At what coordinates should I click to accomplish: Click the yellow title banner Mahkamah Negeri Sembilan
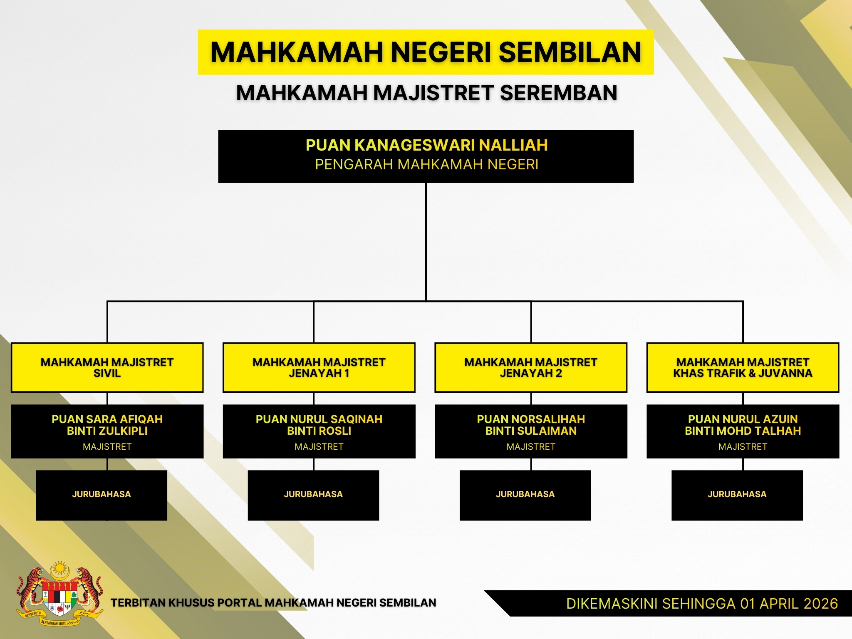point(426,52)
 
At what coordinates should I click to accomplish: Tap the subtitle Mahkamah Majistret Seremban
point(426,93)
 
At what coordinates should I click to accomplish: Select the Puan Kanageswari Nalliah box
point(426,156)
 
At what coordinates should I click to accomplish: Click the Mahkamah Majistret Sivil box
point(107,368)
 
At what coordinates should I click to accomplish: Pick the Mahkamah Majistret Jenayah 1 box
point(319,368)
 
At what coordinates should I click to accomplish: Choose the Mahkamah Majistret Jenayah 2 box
point(531,368)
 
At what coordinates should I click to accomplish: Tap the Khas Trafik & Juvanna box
point(743,368)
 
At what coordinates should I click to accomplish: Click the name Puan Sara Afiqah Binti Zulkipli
point(107,425)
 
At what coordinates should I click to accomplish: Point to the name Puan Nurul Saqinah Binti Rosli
point(319,425)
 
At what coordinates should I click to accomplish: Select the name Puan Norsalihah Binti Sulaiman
point(531,425)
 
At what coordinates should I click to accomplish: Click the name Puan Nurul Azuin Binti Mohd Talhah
point(743,425)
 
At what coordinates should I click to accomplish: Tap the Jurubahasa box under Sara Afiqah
point(102,495)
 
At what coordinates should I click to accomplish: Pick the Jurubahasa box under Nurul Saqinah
point(313,495)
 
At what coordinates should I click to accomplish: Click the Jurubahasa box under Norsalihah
point(525,495)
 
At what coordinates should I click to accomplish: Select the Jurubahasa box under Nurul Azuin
point(737,495)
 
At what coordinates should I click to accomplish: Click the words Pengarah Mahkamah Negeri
point(427,165)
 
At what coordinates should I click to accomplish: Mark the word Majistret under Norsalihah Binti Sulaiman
point(531,447)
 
